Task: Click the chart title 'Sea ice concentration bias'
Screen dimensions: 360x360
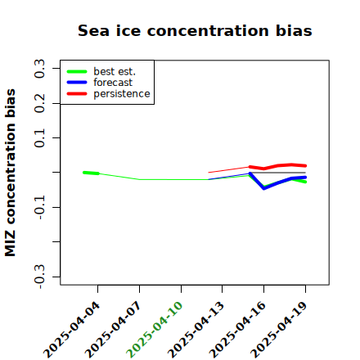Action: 195,30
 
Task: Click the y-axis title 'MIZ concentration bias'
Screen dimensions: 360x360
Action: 11,173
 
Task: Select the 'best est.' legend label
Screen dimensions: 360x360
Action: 115,71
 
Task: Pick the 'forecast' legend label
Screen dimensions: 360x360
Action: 113,83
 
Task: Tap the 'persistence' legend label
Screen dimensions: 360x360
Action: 122,94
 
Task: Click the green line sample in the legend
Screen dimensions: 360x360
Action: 77,71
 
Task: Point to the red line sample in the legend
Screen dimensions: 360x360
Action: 77,94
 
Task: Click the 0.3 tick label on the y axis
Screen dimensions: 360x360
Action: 39,69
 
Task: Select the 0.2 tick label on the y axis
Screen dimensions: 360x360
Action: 39,103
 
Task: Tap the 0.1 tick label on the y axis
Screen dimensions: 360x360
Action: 39,138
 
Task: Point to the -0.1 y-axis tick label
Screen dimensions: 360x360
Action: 39,208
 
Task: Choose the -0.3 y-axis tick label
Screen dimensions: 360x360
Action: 39,277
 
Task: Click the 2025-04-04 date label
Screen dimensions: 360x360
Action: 72,330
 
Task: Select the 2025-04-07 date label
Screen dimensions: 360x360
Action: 114,330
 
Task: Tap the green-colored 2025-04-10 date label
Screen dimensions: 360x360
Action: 155,330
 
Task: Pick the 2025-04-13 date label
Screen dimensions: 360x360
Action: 196,330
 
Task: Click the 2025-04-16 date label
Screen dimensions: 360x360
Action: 238,330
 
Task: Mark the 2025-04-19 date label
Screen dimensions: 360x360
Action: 279,330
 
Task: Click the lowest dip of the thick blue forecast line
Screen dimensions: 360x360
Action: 263,188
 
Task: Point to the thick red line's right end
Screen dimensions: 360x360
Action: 305,166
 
